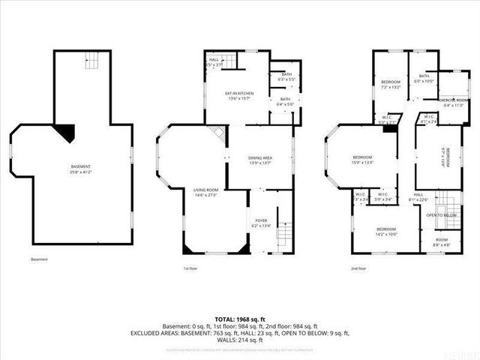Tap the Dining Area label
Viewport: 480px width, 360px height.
pos(244,157)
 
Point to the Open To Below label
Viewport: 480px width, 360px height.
pos(442,215)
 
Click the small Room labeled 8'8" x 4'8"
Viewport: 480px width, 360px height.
pos(441,241)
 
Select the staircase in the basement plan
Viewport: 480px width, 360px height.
pos(91,59)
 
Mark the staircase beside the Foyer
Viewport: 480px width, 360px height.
pos(283,235)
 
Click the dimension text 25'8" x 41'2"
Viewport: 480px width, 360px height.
pos(81,172)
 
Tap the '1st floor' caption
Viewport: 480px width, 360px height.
pos(190,268)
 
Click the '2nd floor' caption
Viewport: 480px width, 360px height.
pos(358,268)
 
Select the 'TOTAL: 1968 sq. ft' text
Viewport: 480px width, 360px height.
pos(240,319)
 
